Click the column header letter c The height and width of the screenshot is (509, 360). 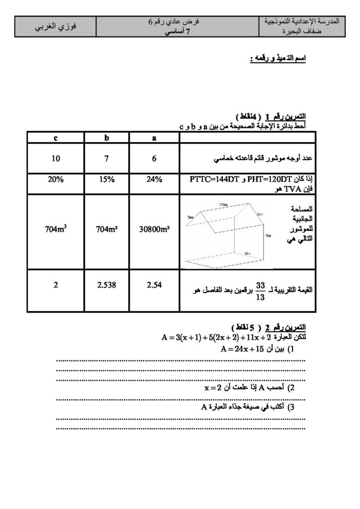(x=55, y=138)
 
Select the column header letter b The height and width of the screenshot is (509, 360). (x=106, y=138)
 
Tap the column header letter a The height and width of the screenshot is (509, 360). (x=154, y=138)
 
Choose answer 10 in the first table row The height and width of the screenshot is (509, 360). (x=55, y=160)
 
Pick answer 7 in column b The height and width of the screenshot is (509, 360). (x=106, y=160)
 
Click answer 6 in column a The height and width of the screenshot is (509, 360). (x=154, y=160)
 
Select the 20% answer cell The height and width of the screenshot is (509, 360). (x=55, y=180)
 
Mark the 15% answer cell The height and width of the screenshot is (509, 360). (x=106, y=180)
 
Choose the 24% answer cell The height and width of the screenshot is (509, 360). (x=154, y=180)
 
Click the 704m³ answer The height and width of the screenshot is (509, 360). (x=55, y=230)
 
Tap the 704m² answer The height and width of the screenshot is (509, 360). (x=106, y=230)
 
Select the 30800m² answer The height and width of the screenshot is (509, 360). (x=154, y=230)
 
